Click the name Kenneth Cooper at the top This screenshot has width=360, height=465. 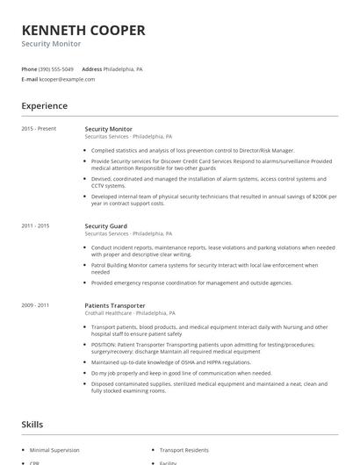coord(83,30)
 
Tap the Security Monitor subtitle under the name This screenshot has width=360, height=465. coord(51,44)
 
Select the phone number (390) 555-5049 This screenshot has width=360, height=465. coord(57,68)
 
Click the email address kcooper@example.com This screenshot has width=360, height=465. coord(67,79)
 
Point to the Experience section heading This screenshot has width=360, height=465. coord(45,106)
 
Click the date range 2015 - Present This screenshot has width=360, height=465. coord(39,129)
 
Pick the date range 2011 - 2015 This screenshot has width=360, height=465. coord(36,226)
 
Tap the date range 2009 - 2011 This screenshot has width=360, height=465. coord(36,304)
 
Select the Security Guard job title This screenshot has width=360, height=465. coord(105,226)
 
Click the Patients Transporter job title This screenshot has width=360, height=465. coord(115,304)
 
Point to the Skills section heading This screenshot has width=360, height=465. coord(32,425)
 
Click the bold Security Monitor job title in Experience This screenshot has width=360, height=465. coord(109,129)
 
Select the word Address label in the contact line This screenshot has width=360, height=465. coord(91,68)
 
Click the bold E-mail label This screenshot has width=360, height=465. coord(29,79)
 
